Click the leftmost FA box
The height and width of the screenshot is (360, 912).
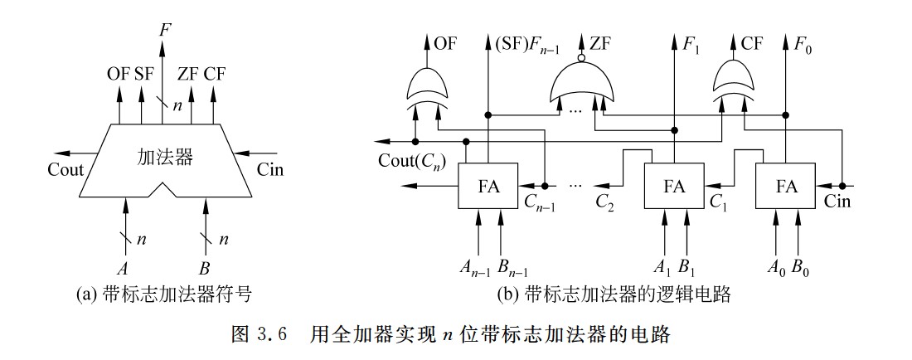pyautogui.click(x=488, y=186)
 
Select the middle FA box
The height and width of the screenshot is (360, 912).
pyautogui.click(x=674, y=186)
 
